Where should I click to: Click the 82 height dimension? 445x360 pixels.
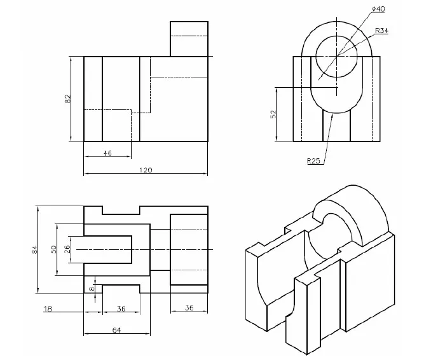[67, 99]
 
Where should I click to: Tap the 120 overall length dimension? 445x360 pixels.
[146, 170]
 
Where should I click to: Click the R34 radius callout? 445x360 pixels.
[381, 31]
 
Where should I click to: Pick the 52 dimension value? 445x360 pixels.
[273, 114]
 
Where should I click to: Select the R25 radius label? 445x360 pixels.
[313, 161]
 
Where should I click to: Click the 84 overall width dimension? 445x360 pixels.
[34, 250]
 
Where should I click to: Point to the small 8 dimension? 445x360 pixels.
[91, 288]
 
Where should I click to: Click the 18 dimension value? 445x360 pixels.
[47, 309]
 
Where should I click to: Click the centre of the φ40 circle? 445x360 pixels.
[337, 56]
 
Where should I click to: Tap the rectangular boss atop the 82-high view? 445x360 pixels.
[189, 38]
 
